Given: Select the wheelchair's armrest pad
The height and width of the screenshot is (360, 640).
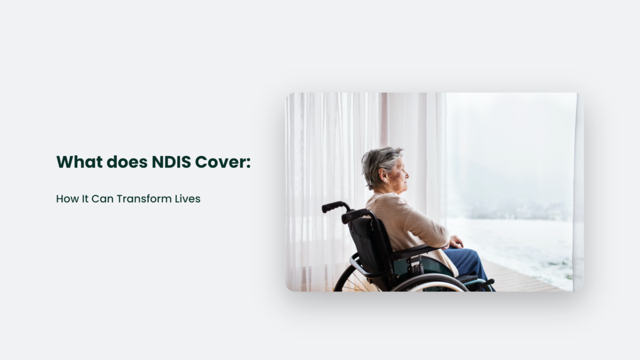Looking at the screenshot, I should (413, 251).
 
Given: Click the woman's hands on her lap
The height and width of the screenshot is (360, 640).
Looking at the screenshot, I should (456, 242).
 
